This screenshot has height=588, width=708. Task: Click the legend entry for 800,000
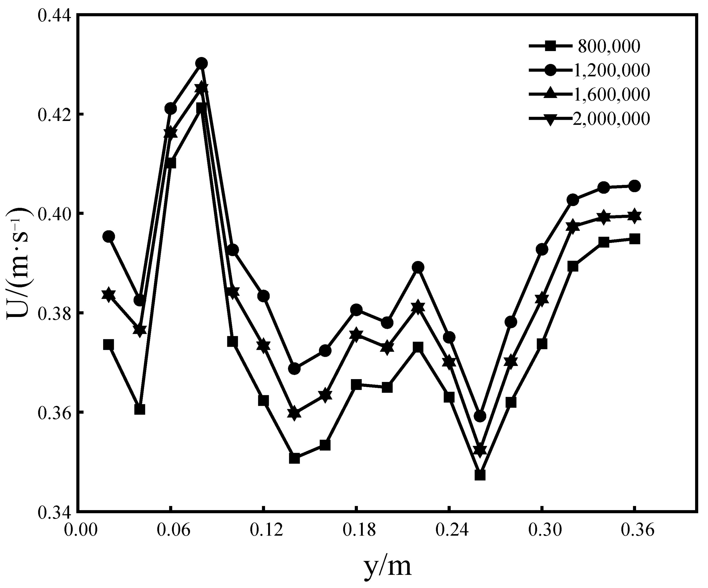[609, 46]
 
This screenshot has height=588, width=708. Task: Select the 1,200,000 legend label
[611, 70]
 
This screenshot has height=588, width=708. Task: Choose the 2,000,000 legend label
[611, 119]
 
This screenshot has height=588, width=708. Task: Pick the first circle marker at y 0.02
[109, 236]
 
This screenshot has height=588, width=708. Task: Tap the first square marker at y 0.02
[109, 344]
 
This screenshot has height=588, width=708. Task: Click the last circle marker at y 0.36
[634, 186]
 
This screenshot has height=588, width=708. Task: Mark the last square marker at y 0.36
[634, 239]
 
